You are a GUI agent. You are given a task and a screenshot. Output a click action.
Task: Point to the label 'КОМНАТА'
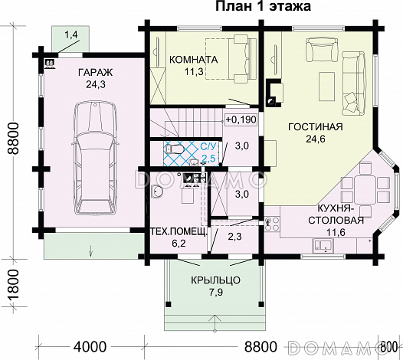[194, 60]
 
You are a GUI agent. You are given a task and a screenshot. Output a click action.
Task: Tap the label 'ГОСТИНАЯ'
[315, 126]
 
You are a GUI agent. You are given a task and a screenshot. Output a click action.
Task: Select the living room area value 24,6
[315, 139]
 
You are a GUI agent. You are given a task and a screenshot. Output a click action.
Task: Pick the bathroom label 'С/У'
[208, 146]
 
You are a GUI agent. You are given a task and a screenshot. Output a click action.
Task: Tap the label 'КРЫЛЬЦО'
[215, 280]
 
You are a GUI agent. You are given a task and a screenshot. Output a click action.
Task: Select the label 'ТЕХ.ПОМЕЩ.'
[177, 231]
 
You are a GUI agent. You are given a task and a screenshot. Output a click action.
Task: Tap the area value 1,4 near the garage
[71, 34]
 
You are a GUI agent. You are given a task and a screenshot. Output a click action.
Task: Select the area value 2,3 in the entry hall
[236, 237]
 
